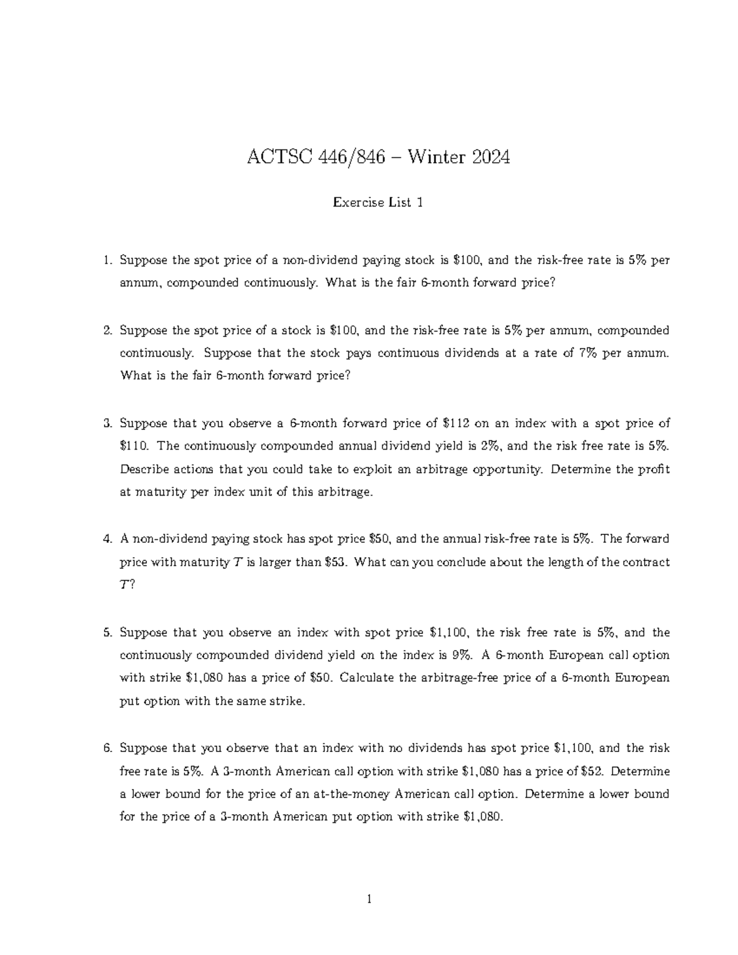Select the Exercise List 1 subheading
tap(378, 202)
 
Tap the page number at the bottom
tap(369, 900)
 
